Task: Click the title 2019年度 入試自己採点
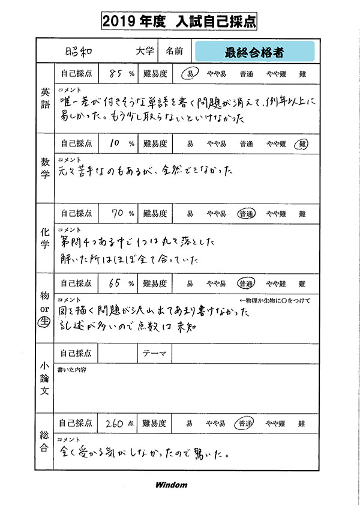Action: (180, 22)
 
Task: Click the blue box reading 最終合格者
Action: (254, 52)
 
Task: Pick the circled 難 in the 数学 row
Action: (302, 144)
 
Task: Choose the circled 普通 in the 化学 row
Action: (246, 214)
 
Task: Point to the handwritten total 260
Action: (114, 423)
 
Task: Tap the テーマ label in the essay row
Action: (155, 353)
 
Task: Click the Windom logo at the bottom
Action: (171, 485)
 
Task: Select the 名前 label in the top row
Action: (175, 52)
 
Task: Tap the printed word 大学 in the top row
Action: (145, 52)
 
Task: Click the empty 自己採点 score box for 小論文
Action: (118, 353)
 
